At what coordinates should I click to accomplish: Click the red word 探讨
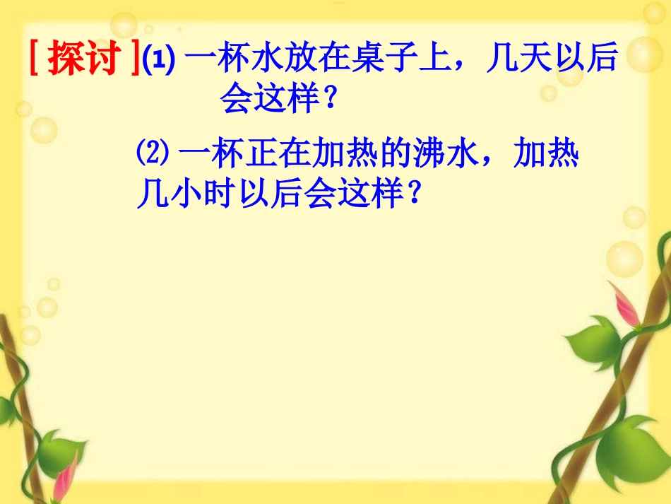tap(83, 60)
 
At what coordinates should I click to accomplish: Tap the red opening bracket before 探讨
tap(35, 60)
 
